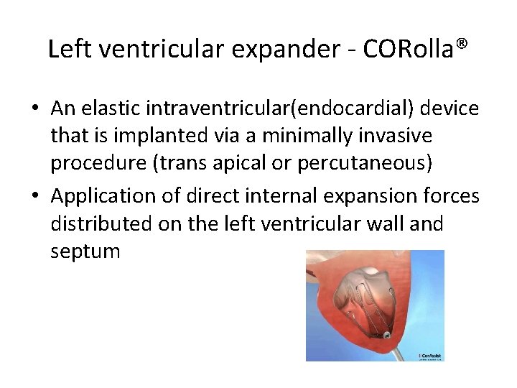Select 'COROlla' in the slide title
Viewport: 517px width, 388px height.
408,49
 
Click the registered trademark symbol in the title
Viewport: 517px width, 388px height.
461,44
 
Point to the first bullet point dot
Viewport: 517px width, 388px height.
35,108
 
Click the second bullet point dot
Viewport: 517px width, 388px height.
35,195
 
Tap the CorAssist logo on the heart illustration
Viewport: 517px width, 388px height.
429,355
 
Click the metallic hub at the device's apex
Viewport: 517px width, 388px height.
386,335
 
